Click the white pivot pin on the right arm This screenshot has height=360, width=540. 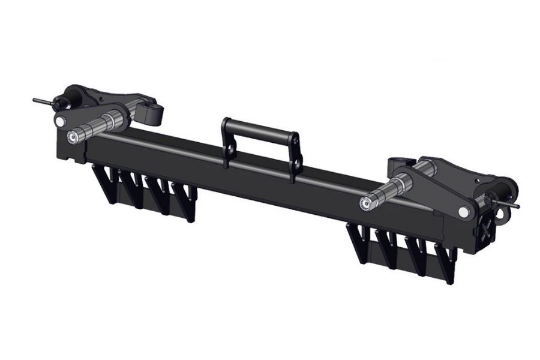coord(464,212)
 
